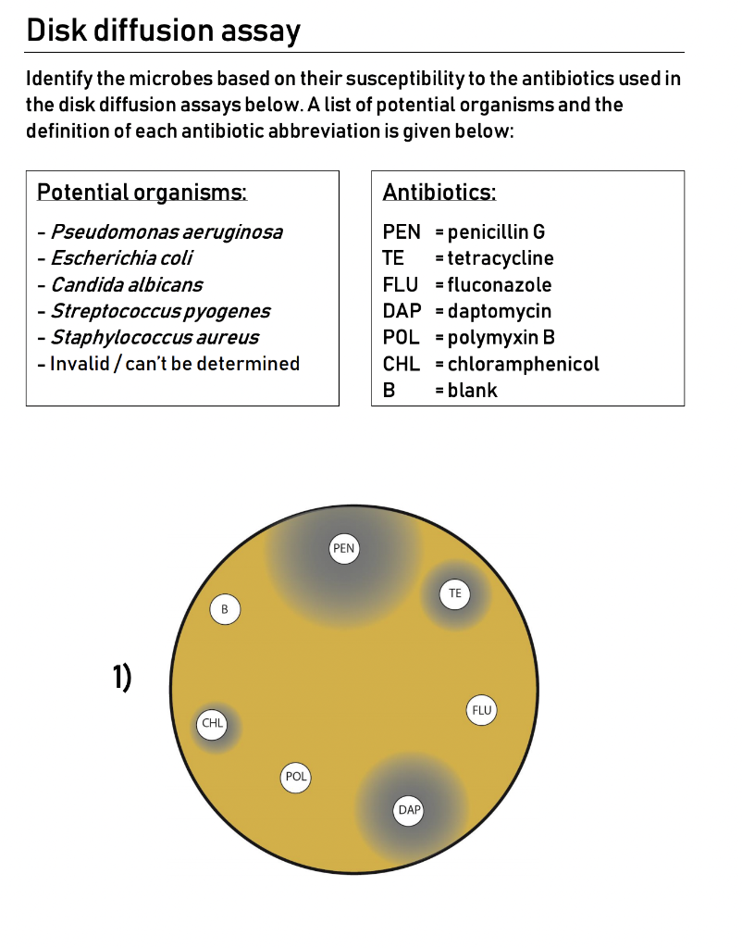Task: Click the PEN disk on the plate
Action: (343, 548)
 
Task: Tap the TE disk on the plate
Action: (454, 592)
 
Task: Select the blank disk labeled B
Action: (225, 609)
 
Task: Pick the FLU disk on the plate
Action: (482, 710)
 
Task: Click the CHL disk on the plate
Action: (213, 724)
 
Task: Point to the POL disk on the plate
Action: (296, 777)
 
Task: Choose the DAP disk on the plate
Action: (409, 810)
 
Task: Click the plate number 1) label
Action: (122, 679)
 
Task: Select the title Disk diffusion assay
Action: (164, 31)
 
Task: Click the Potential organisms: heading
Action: (142, 193)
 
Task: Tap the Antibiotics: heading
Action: (439, 193)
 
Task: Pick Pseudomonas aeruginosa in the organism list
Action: (167, 231)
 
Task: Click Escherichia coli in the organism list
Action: (121, 258)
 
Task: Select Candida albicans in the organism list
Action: (127, 284)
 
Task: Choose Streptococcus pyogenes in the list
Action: (160, 311)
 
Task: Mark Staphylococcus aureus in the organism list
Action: (155, 337)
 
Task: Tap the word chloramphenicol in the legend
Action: (523, 364)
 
